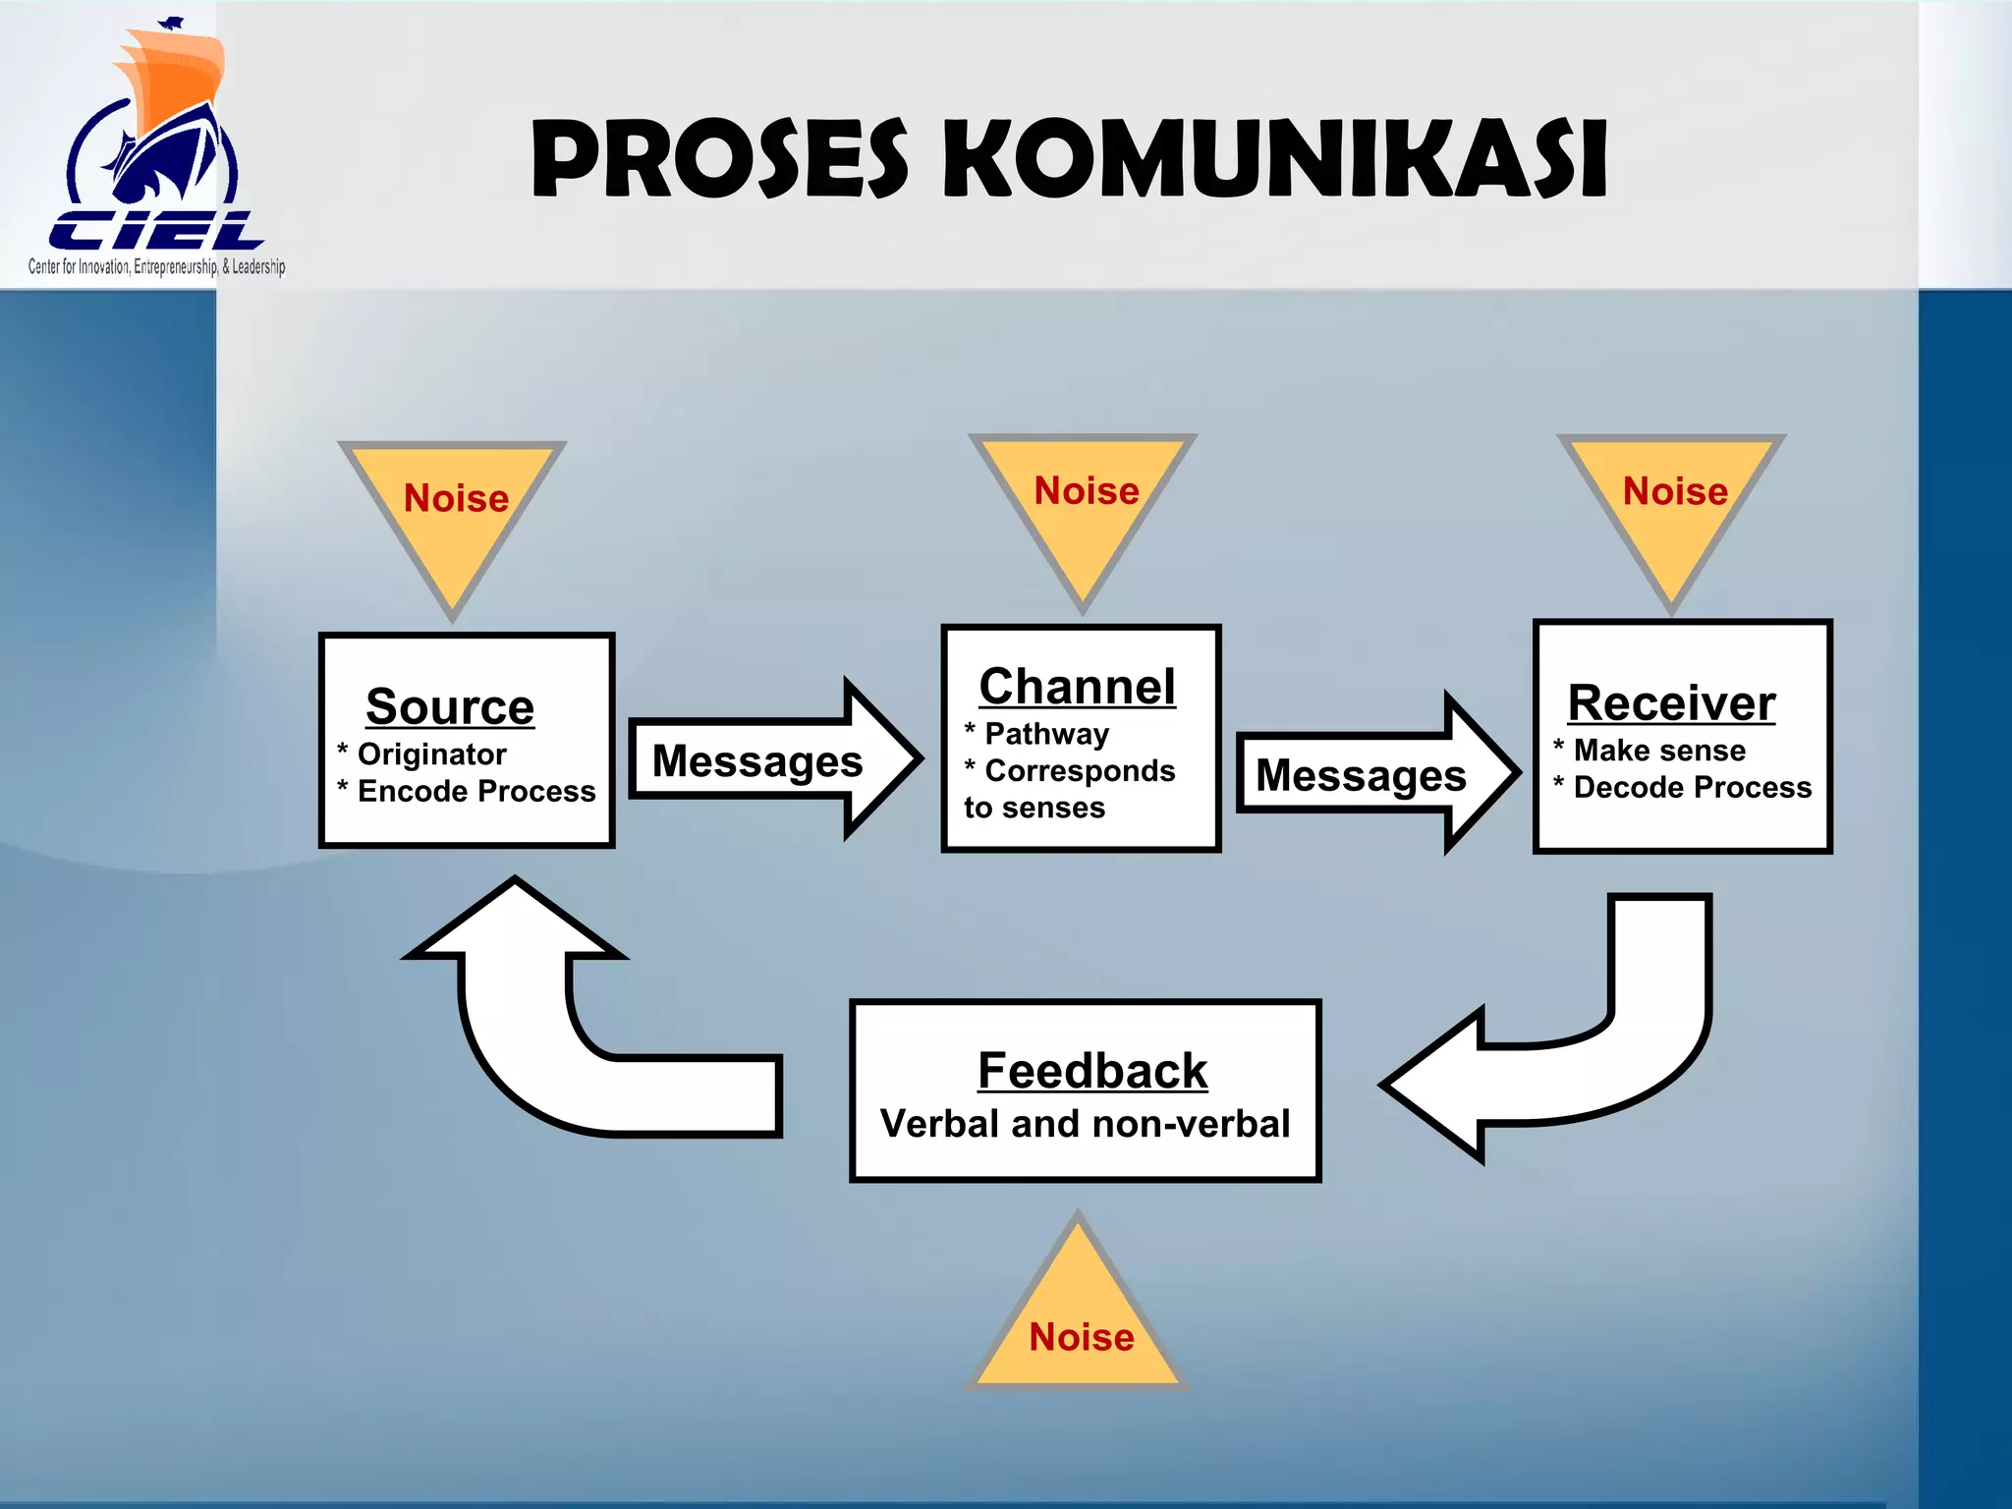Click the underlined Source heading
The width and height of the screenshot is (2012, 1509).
coord(450,706)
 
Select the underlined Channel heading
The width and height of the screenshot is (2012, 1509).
coord(1078,686)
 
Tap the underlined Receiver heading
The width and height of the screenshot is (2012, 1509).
coord(1671,702)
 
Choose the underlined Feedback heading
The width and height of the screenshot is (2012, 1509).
coord(1092,1070)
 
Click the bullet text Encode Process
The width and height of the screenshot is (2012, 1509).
coord(476,791)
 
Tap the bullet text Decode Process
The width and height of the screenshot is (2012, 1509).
coord(1692,787)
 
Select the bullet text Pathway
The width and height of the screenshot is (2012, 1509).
coord(1046,734)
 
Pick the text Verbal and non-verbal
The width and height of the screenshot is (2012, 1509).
coord(1085,1124)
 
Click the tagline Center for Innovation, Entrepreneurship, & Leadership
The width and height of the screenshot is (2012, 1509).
coord(157,266)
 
